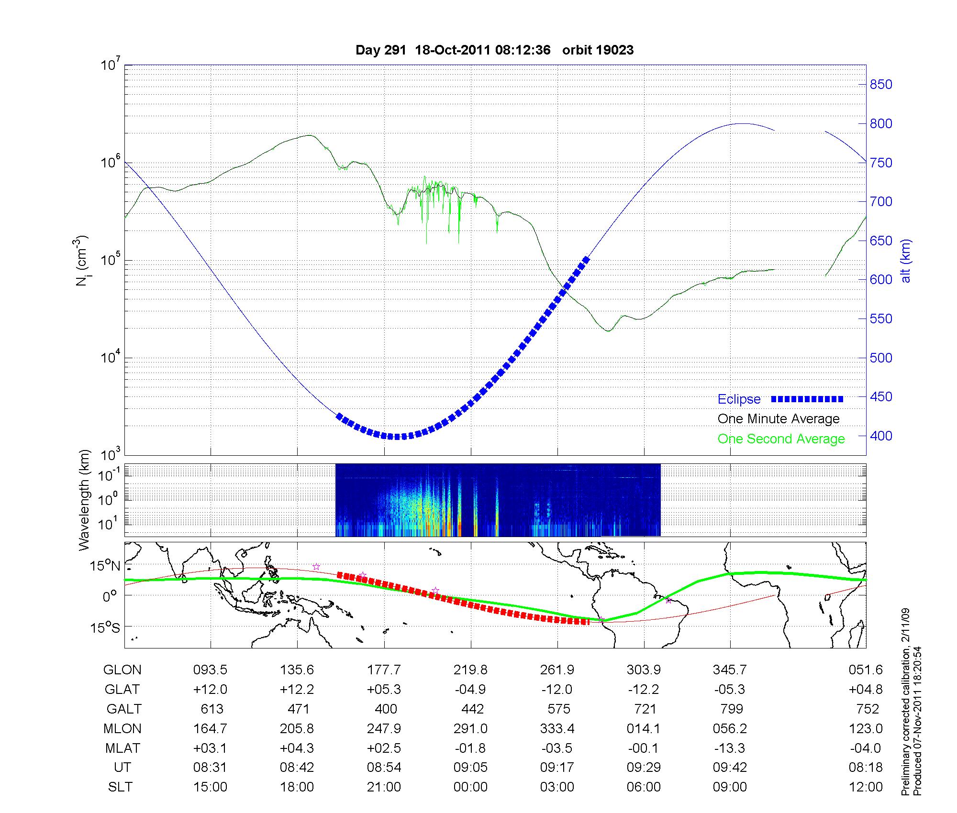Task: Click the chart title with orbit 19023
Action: click(494, 50)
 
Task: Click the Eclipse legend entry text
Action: click(739, 399)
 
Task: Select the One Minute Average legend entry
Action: click(779, 419)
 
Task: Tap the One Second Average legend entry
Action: click(781, 439)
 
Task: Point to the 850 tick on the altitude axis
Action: click(881, 85)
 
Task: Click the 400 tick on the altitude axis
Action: click(881, 436)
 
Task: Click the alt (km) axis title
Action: click(906, 261)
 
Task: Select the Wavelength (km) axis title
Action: click(85, 500)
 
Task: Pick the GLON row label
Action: click(122, 670)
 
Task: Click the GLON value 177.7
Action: click(384, 670)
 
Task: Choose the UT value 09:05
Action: click(470, 768)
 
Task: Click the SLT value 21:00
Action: click(384, 787)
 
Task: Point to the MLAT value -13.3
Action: click(730, 748)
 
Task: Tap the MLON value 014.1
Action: click(644, 728)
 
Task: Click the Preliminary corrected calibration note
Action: click(905, 702)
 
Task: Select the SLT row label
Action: click(120, 787)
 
